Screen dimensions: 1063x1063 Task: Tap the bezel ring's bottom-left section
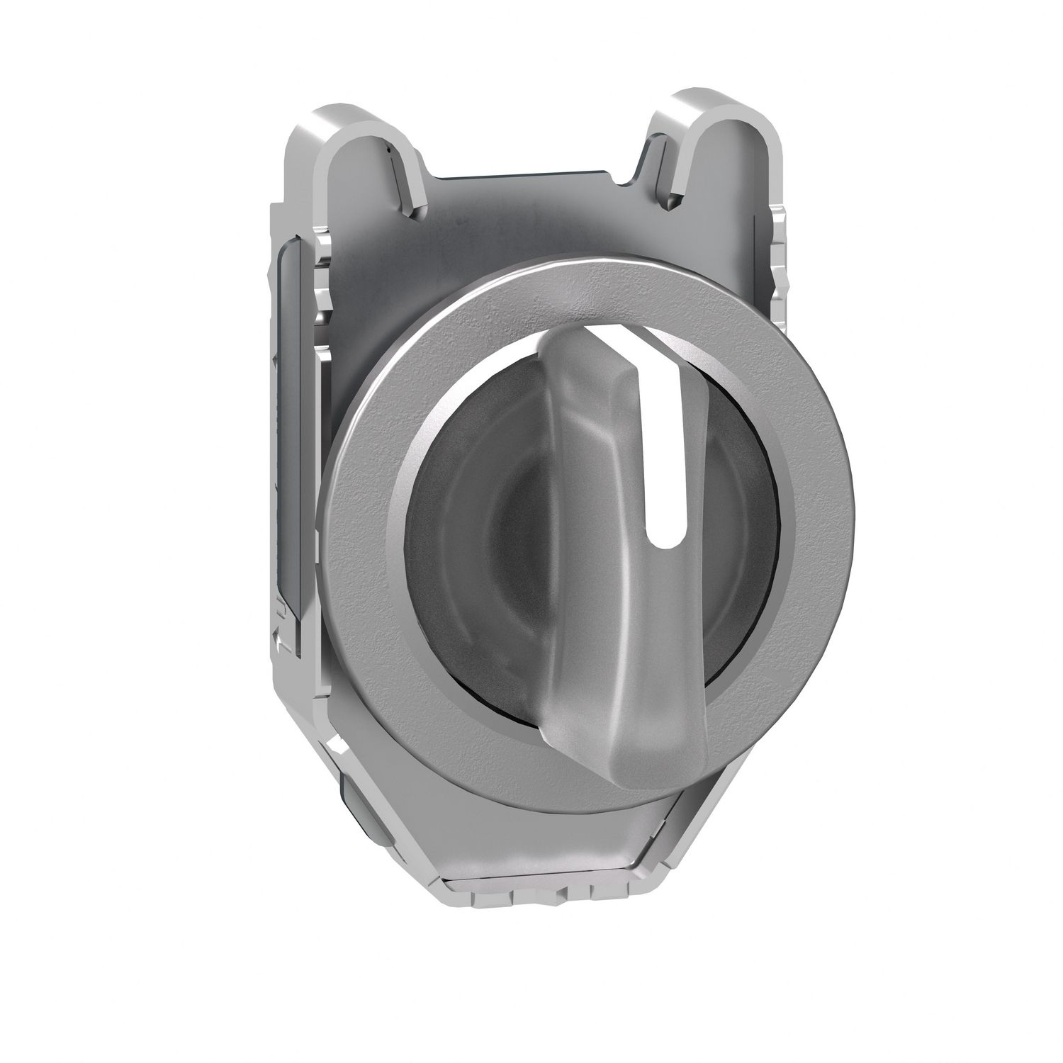click(x=397, y=680)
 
